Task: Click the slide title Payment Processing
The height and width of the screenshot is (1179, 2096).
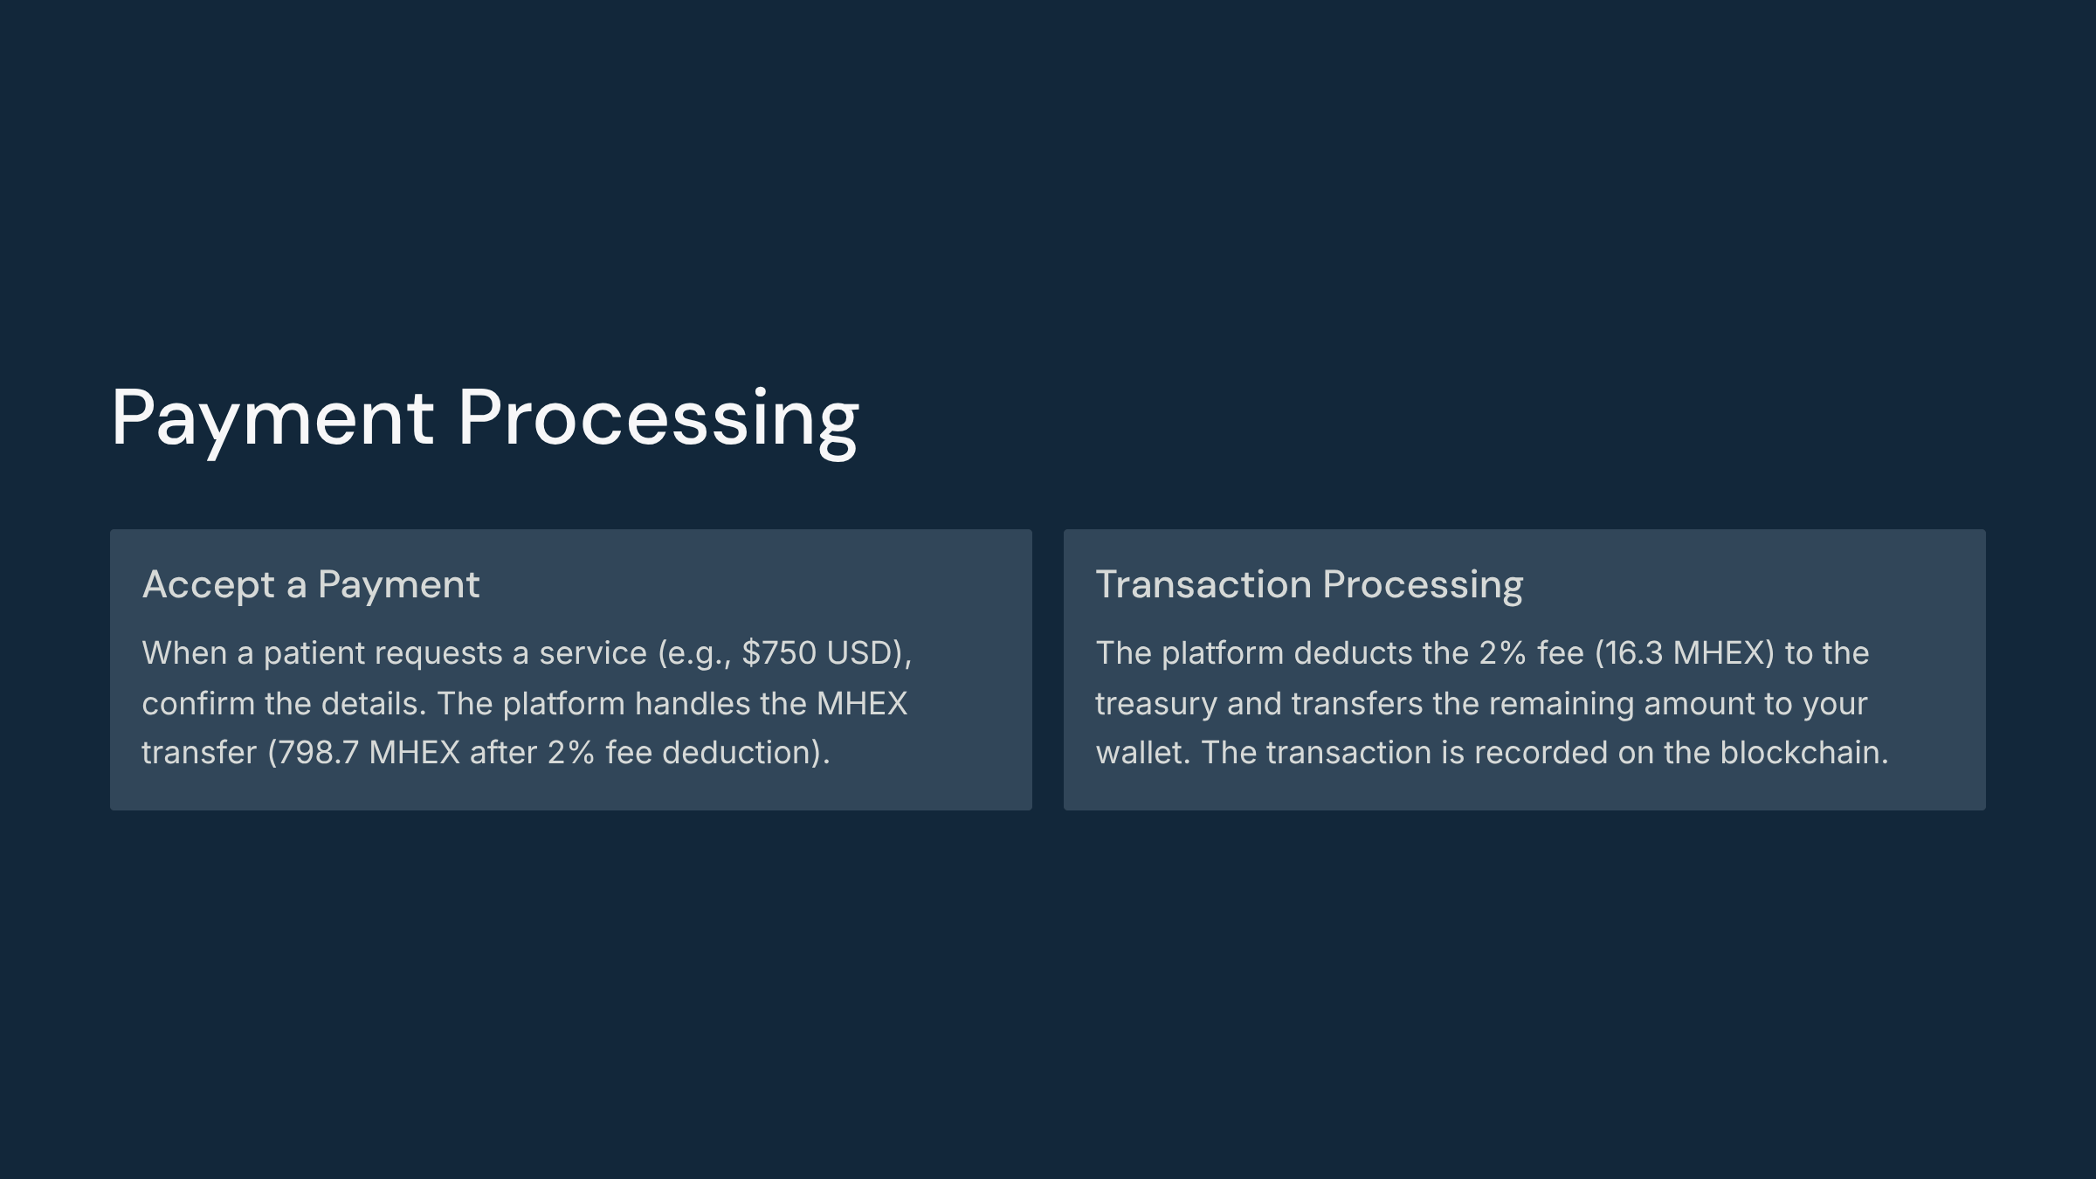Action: (485, 420)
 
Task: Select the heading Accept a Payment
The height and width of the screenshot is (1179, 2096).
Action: (311, 585)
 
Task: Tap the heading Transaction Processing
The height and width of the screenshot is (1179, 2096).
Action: (1309, 585)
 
